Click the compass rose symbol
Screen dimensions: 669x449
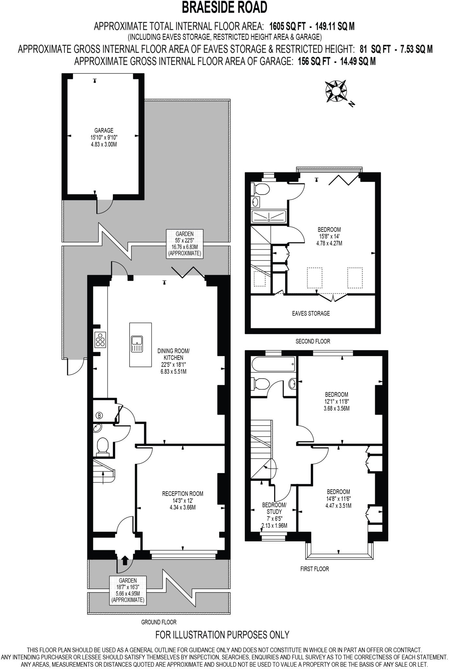(x=336, y=91)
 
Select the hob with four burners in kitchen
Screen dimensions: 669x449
(x=101, y=340)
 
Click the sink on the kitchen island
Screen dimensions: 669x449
(x=137, y=344)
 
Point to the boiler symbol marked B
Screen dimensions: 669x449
(x=99, y=416)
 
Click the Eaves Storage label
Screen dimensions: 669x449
(x=311, y=314)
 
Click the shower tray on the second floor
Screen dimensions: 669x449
(x=269, y=217)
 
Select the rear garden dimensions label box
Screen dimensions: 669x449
(x=184, y=244)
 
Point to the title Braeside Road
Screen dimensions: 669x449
(x=225, y=7)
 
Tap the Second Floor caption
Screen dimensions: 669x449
(x=313, y=341)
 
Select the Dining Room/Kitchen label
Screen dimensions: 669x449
(x=173, y=361)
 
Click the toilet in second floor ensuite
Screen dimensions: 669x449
(x=262, y=189)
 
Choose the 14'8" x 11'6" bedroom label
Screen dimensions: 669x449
(x=338, y=498)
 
